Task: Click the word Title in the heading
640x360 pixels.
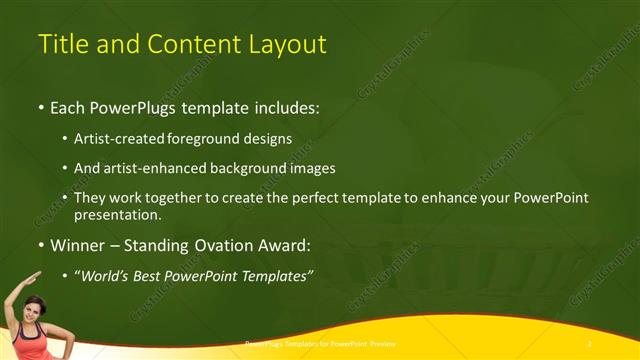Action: (x=59, y=44)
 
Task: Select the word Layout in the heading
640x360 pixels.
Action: (x=289, y=44)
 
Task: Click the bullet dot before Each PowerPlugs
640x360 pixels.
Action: (x=39, y=107)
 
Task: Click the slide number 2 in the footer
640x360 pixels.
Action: (x=591, y=343)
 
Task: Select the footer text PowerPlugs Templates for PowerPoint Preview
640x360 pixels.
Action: (x=320, y=343)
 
